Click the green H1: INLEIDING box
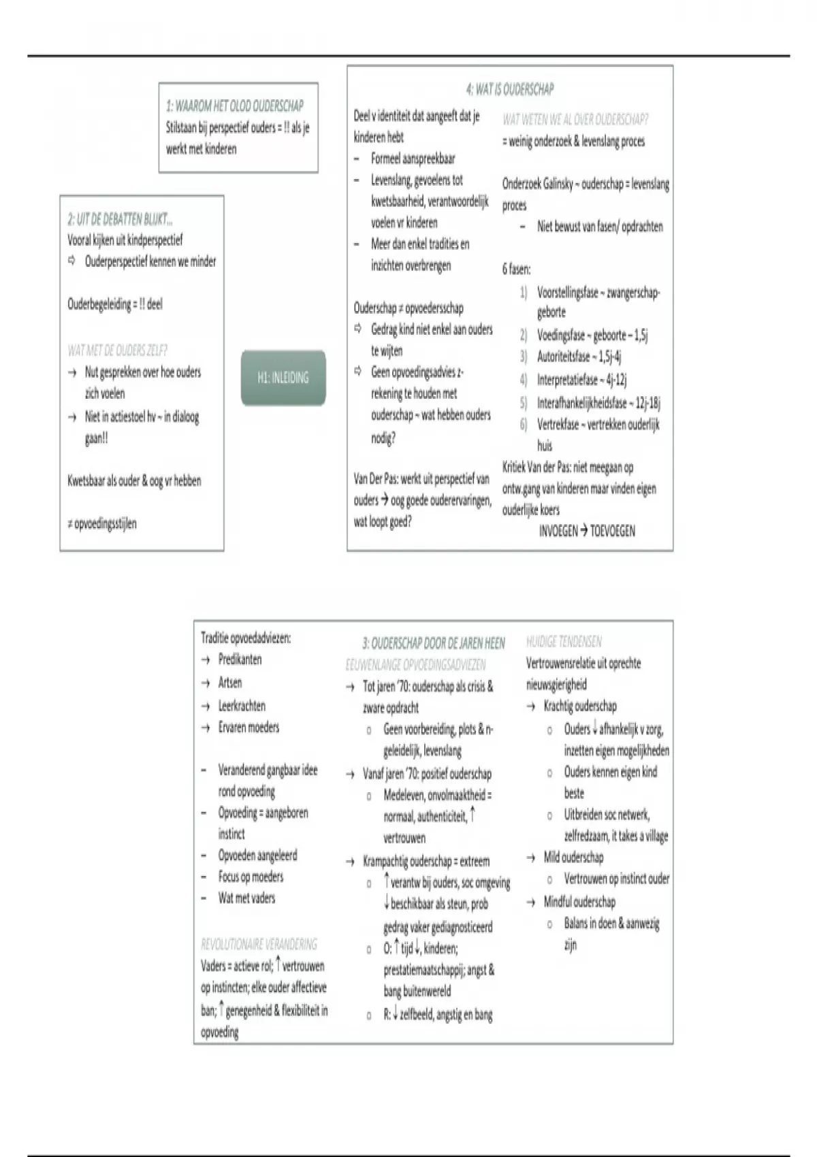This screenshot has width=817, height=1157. click(x=283, y=378)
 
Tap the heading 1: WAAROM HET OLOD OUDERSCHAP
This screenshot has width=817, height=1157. click(x=235, y=105)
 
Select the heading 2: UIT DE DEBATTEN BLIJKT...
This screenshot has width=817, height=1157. click(x=120, y=219)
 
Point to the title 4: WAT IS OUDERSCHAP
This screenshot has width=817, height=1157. click(x=510, y=89)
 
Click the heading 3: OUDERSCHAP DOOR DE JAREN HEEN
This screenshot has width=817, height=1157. click(x=434, y=643)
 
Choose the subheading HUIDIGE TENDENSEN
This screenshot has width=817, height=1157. click(x=564, y=641)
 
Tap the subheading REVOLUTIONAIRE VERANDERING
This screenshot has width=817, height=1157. click(x=259, y=944)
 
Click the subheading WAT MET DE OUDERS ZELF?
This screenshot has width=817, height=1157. click(x=117, y=351)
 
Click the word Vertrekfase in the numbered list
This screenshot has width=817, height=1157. click(x=558, y=425)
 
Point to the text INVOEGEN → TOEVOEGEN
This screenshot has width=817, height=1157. click(x=587, y=531)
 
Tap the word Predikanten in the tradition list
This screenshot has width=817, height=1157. click(x=240, y=659)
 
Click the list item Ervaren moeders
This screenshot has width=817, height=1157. click(x=249, y=728)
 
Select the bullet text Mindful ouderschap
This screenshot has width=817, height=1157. click(x=579, y=902)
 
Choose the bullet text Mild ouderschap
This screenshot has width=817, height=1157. click(x=573, y=858)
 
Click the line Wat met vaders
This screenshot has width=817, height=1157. click(x=246, y=898)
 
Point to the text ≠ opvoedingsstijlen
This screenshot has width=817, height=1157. click(x=102, y=523)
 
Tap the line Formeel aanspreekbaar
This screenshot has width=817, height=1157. click(x=413, y=159)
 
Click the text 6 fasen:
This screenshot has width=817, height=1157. click(x=517, y=269)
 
